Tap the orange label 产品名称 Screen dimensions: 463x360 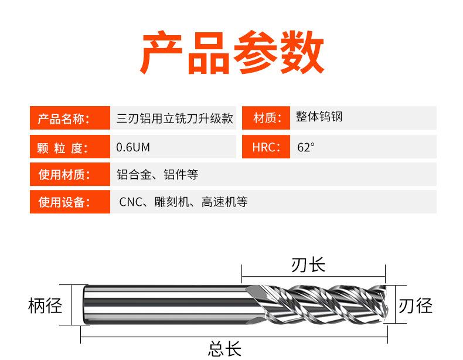tap(63, 119)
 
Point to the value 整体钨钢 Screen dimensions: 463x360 tap(319, 117)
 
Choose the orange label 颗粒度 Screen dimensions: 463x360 tap(62, 147)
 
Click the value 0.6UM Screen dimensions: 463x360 tap(134, 147)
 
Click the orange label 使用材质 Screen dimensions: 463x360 tap(63, 175)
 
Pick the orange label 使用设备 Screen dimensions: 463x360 tap(63, 203)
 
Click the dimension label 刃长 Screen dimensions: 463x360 tap(308, 265)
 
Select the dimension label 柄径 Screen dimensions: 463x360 tap(45, 306)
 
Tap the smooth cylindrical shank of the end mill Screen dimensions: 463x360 tap(164, 305)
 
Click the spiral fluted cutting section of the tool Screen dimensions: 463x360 tap(319, 305)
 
